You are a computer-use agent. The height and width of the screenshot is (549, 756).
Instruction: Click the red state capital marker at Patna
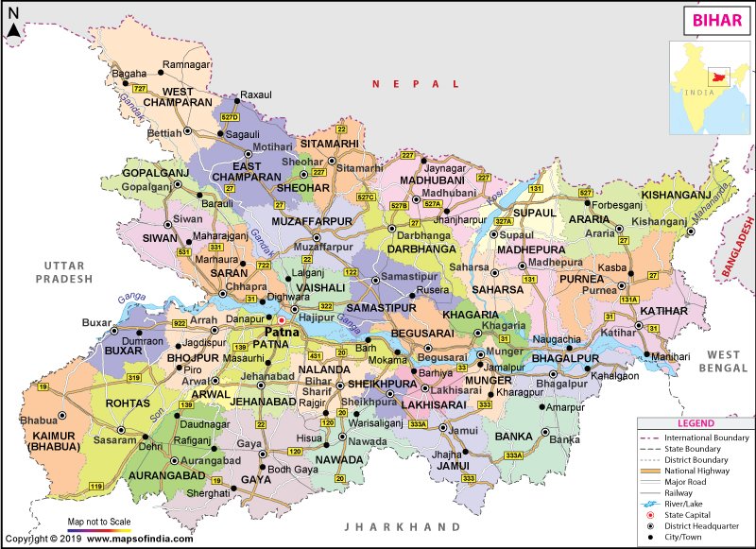pos(281,320)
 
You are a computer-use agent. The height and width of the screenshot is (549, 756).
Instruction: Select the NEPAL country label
pos(402,84)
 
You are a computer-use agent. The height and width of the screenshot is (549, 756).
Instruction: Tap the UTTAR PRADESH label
pos(63,273)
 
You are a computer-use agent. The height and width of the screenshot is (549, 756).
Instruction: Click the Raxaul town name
pos(256,95)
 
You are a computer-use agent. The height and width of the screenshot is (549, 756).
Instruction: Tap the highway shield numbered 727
pos(141,88)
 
